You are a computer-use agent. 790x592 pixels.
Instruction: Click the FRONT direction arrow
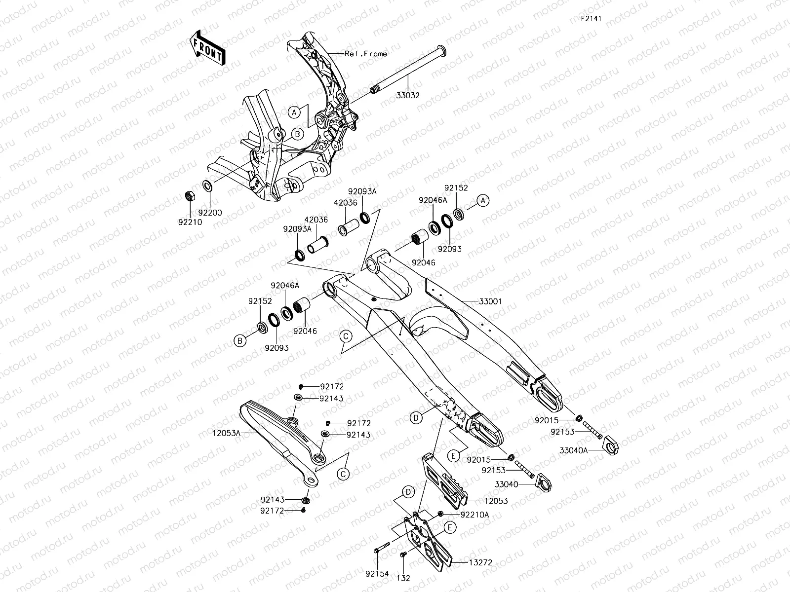(x=207, y=48)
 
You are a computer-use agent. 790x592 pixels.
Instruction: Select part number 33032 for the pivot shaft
(x=408, y=95)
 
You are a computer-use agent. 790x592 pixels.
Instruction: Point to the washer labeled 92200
(x=207, y=186)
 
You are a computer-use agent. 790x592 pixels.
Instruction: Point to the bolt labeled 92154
(x=380, y=550)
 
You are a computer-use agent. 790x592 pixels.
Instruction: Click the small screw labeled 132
(x=403, y=556)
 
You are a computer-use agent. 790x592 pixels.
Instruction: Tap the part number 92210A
(x=474, y=514)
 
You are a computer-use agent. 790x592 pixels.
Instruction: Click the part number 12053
(x=496, y=501)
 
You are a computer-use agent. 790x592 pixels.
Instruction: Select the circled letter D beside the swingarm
(x=416, y=418)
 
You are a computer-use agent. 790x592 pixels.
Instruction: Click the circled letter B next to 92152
(x=240, y=340)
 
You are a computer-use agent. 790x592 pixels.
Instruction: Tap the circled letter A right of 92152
(x=483, y=200)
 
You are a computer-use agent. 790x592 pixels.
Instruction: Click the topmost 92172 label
(x=331, y=387)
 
